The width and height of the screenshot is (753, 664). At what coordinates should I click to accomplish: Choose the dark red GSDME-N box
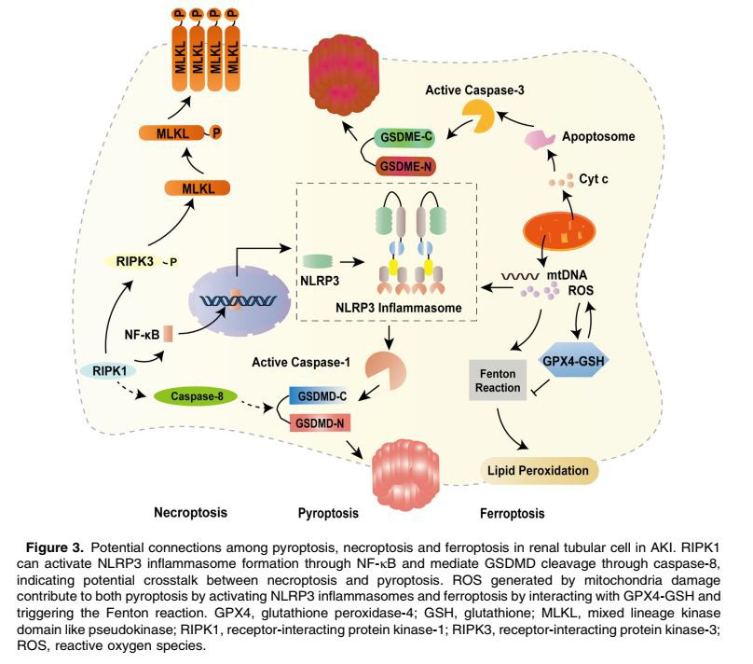pyautogui.click(x=407, y=168)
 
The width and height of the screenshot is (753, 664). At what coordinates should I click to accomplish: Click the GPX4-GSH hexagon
pyautogui.click(x=568, y=361)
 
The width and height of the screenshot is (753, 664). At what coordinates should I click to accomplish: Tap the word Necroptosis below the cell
pyautogui.click(x=191, y=512)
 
